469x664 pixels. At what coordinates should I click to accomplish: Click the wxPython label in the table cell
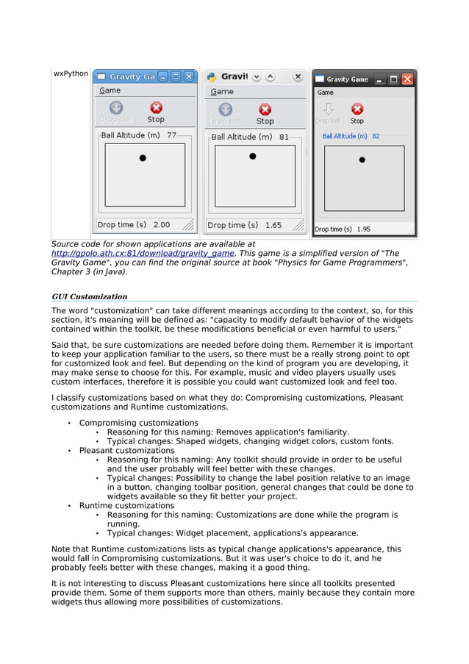(x=71, y=74)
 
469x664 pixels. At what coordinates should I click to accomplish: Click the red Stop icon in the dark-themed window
(x=357, y=109)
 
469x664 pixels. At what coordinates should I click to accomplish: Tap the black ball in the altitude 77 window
(x=143, y=158)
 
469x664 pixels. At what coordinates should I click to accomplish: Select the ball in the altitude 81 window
(x=253, y=156)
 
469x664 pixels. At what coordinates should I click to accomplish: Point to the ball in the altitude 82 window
(x=362, y=160)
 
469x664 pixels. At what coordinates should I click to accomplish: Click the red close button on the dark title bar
(x=407, y=79)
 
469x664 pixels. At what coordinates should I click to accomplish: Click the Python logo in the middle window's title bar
(x=212, y=76)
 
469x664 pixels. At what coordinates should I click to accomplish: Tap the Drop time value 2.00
(x=161, y=225)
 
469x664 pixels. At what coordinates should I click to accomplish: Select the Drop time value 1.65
(x=273, y=225)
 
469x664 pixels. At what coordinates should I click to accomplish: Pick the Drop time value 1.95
(x=363, y=229)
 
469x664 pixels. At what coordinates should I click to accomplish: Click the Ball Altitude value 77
(x=172, y=135)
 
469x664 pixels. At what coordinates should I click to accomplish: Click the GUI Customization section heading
(x=89, y=296)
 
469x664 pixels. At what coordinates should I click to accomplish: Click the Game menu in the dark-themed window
(x=325, y=93)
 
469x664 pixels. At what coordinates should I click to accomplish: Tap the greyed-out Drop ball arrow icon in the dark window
(x=328, y=109)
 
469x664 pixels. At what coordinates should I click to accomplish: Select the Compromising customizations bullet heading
(x=138, y=423)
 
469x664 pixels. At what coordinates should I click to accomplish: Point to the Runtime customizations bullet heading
(x=126, y=506)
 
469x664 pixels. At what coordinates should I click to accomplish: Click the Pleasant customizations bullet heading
(x=126, y=450)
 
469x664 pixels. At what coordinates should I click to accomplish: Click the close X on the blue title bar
(x=189, y=76)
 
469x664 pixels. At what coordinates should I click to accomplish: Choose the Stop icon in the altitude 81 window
(x=265, y=109)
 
